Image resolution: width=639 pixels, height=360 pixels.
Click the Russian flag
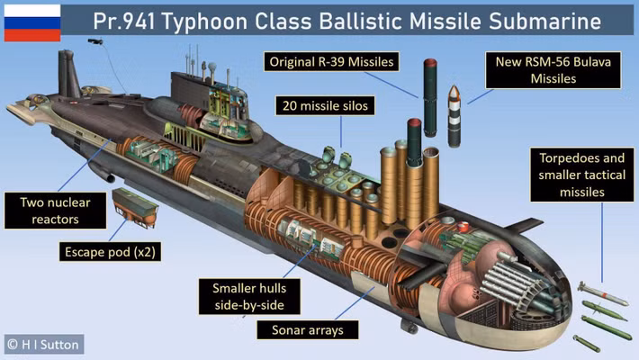tap(32, 23)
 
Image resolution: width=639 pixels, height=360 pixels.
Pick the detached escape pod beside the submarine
tap(136, 209)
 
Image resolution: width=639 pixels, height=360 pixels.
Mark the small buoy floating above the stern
tap(94, 41)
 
